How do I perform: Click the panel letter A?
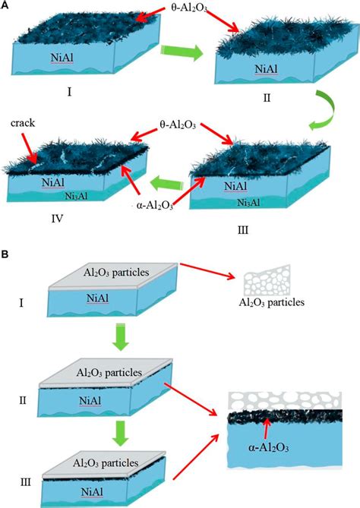coord(5,5)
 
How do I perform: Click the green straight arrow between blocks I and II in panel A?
coord(185,54)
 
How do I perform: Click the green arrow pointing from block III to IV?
coord(166,182)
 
